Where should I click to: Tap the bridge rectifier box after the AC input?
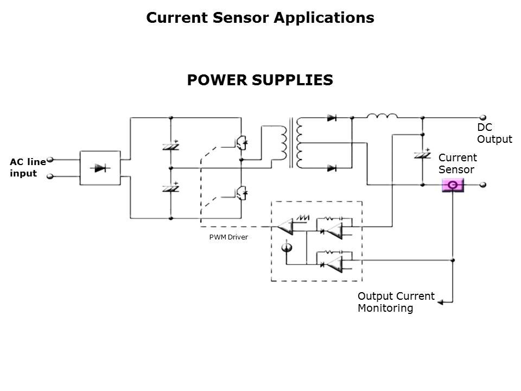[99, 168]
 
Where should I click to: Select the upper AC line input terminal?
[50, 160]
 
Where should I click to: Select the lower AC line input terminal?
[50, 176]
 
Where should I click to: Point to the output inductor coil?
[382, 116]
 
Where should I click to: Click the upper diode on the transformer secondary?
[332, 117]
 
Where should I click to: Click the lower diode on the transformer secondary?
[332, 168]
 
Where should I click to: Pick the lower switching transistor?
[241, 192]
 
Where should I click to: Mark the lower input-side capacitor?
[170, 188]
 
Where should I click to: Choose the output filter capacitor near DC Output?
[422, 154]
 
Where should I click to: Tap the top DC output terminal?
[482, 117]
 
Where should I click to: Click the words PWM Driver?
[228, 237]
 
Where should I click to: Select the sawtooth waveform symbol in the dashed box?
[302, 218]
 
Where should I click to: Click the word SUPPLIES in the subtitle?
[292, 80]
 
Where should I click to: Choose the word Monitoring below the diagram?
[385, 308]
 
